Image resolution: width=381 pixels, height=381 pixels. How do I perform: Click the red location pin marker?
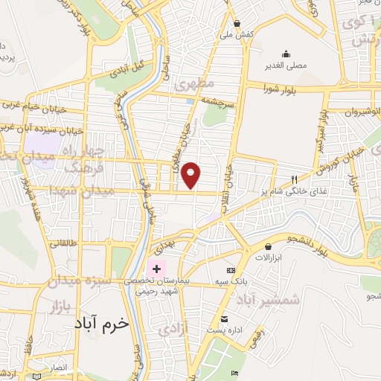coord(191,174)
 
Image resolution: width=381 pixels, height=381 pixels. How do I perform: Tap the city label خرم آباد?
coord(102,324)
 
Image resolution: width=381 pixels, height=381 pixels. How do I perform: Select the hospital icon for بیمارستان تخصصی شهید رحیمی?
coord(156,268)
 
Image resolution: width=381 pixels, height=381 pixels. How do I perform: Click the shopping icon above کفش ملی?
coord(237,23)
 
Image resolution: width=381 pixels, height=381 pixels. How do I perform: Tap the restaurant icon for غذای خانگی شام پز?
coord(294,179)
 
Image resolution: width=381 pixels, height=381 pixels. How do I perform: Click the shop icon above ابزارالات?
coord(268,246)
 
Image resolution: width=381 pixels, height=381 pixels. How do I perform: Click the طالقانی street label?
coord(63,243)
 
